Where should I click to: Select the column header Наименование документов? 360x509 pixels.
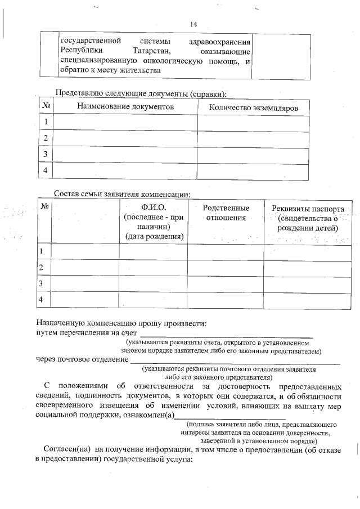[125, 107]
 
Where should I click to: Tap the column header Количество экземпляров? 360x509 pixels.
[253, 107]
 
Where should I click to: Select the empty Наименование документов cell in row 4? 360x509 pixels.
[125, 171]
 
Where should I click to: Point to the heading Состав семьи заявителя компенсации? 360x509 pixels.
[122, 194]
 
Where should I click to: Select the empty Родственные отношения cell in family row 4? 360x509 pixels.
[226, 300]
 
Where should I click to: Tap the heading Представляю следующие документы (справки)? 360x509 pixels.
[143, 93]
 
